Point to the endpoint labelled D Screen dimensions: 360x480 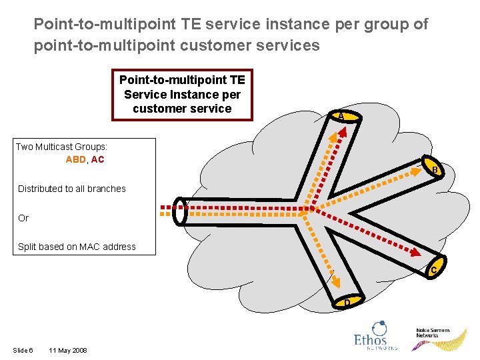point(347,302)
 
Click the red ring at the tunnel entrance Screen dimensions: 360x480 point(181,211)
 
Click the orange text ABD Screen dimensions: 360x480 point(75,160)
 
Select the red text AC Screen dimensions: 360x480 point(97,160)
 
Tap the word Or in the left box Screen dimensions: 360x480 point(23,218)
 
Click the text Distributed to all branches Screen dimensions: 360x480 point(72,189)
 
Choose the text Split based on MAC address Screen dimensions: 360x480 point(77,247)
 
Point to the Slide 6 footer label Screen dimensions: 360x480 point(22,351)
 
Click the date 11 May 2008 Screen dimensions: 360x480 point(67,351)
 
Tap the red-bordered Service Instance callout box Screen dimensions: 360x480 point(182,95)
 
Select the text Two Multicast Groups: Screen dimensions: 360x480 point(61,146)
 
